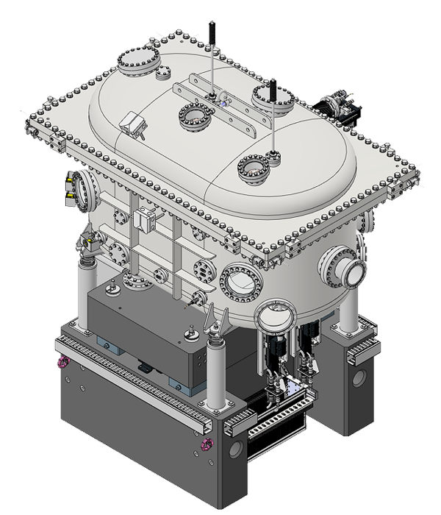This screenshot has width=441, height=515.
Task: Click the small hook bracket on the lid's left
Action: tap(132, 124)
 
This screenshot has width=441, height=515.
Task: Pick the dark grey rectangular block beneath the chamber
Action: tap(140, 331)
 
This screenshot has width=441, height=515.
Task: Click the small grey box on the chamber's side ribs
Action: tap(143, 219)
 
